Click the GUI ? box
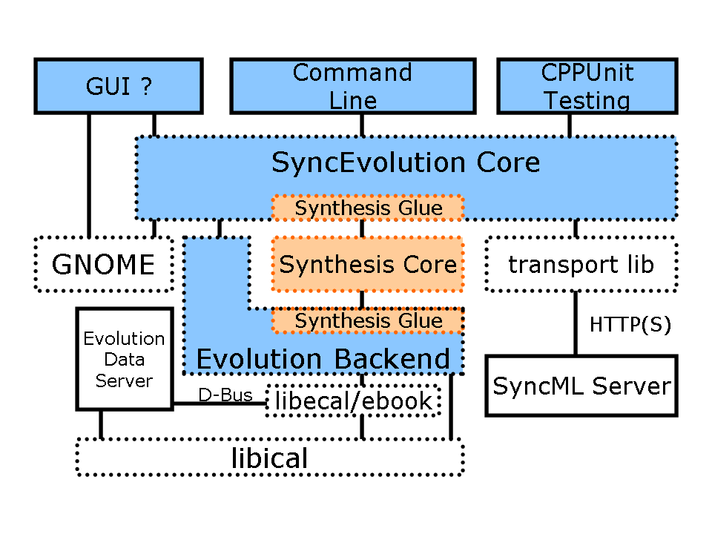pos(119,87)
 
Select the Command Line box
pos(353,87)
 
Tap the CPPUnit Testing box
pos(586,87)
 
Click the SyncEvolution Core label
pos(406,162)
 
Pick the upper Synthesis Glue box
pos(368,208)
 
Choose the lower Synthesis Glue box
pos(368,321)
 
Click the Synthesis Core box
pos(368,265)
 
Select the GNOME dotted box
pos(104,265)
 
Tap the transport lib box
pos(581,265)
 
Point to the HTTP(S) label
pos(630,325)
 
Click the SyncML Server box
pos(581,386)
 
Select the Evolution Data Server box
pos(124,360)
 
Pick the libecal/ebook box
pos(353,401)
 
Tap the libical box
pos(269,458)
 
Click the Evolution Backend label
pos(323,360)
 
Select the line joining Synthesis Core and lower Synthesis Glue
pos(361,300)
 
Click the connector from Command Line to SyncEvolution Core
pos(361,125)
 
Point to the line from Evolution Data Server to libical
pos(101,425)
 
